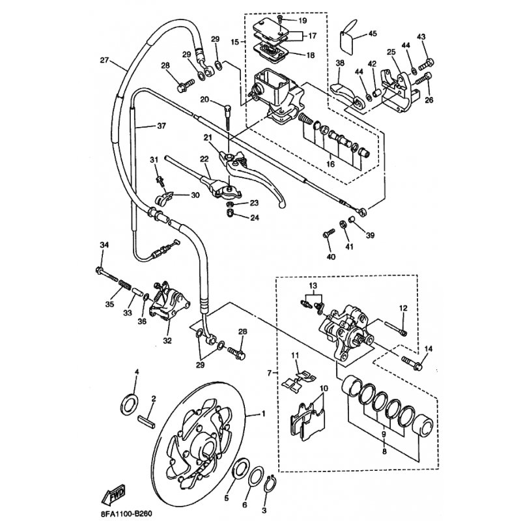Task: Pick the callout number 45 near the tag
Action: [x=373, y=33]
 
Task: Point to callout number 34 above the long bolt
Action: [x=103, y=245]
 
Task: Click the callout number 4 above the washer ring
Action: [x=137, y=372]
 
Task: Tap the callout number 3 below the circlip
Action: [x=264, y=511]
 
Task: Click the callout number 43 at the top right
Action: [x=421, y=36]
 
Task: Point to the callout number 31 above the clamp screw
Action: [x=154, y=160]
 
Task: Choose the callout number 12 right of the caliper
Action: [x=403, y=307]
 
